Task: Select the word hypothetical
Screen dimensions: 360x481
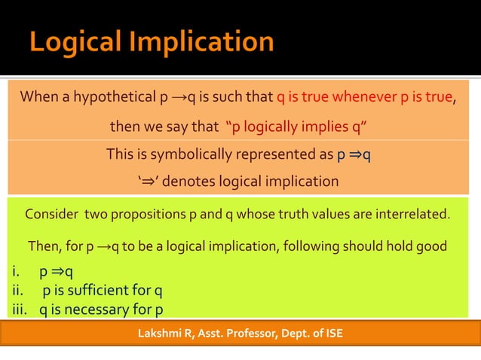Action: click(115, 97)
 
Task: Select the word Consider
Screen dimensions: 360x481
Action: click(52, 215)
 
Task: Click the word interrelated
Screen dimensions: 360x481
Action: click(413, 215)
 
